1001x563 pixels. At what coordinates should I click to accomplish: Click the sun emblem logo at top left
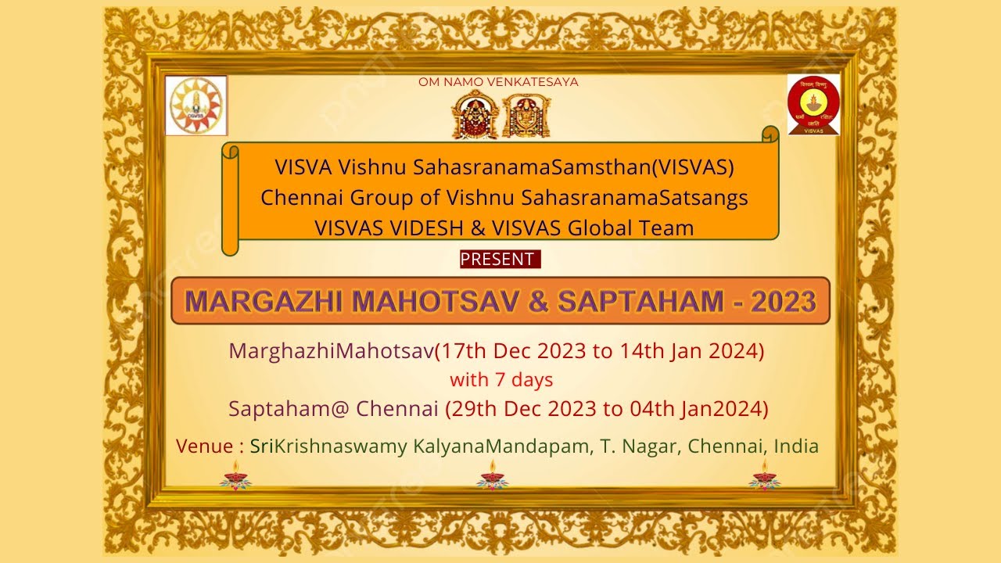tap(196, 106)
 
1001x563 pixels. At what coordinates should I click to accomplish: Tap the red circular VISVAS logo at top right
tap(813, 105)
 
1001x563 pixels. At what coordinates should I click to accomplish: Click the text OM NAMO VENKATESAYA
tap(498, 82)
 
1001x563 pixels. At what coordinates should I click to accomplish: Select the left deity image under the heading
tap(475, 115)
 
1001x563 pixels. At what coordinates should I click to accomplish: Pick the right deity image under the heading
tap(526, 115)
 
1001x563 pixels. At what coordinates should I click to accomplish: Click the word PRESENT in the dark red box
tap(498, 260)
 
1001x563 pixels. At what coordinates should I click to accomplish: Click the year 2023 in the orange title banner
tap(784, 301)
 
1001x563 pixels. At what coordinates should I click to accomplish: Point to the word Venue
tap(205, 446)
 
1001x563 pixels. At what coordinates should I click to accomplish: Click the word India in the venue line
tap(796, 446)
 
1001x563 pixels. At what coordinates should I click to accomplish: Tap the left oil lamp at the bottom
tap(235, 475)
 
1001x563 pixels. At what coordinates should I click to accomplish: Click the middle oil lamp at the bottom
tap(493, 475)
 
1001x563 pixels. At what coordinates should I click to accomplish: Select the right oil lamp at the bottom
tap(764, 475)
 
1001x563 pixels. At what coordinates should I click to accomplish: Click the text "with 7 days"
tap(501, 380)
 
